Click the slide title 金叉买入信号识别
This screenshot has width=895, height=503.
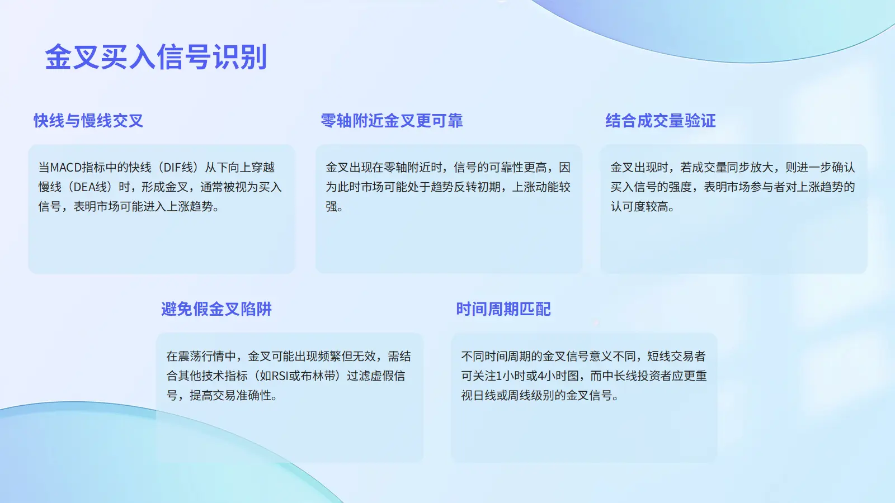tap(156, 57)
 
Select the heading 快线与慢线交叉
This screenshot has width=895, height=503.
tap(88, 121)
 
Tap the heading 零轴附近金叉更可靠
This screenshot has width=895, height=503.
tap(392, 121)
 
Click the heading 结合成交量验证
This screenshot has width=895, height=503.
tap(661, 121)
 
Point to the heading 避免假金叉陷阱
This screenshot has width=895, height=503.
tap(216, 309)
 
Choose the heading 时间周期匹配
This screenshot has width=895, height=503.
tap(503, 309)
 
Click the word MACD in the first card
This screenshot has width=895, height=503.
tap(66, 167)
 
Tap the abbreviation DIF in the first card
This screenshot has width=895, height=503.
tap(170, 167)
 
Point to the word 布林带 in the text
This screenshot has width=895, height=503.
tap(318, 376)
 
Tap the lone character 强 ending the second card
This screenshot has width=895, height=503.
tap(331, 206)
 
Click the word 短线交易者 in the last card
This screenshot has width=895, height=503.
tap(676, 356)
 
